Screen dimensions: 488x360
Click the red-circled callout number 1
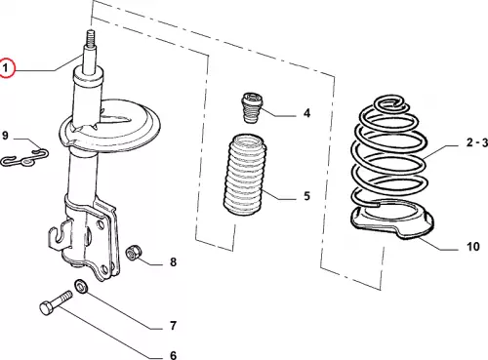click(x=6, y=68)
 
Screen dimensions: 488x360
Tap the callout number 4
click(x=306, y=113)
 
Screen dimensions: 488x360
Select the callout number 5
click(x=306, y=196)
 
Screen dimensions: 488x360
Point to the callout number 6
click(x=174, y=355)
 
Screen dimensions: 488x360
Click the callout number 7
click(x=173, y=325)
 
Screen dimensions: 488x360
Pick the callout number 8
click(x=173, y=261)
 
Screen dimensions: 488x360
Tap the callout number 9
click(x=5, y=136)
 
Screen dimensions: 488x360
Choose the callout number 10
click(x=473, y=247)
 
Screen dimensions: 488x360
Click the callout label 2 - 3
click(x=477, y=142)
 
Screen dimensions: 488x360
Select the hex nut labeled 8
click(x=134, y=253)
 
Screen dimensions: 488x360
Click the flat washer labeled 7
click(x=80, y=286)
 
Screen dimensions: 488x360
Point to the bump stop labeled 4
click(x=252, y=108)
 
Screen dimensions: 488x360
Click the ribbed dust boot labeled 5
click(x=245, y=175)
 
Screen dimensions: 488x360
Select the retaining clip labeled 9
click(x=24, y=157)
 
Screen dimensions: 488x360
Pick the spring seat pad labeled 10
click(x=392, y=220)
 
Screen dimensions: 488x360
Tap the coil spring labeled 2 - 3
click(x=389, y=153)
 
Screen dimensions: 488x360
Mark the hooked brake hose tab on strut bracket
click(x=60, y=236)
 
